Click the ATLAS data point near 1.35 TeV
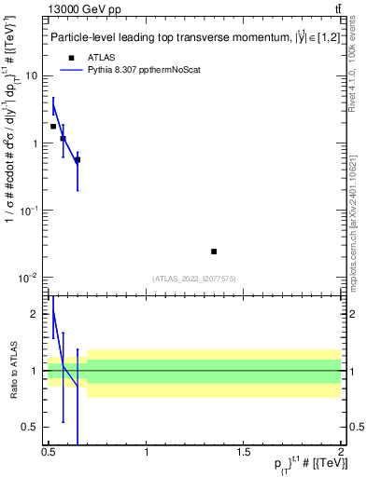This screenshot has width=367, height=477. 214,252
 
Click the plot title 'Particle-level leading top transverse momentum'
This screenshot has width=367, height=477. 168,38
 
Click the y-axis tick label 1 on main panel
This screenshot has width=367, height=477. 36,143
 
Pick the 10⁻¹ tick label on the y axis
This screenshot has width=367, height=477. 31,210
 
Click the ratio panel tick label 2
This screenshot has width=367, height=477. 36,315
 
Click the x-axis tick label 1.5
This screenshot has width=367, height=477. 244,452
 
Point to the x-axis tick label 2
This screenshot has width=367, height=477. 341,452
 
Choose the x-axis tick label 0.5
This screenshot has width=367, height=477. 49,452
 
